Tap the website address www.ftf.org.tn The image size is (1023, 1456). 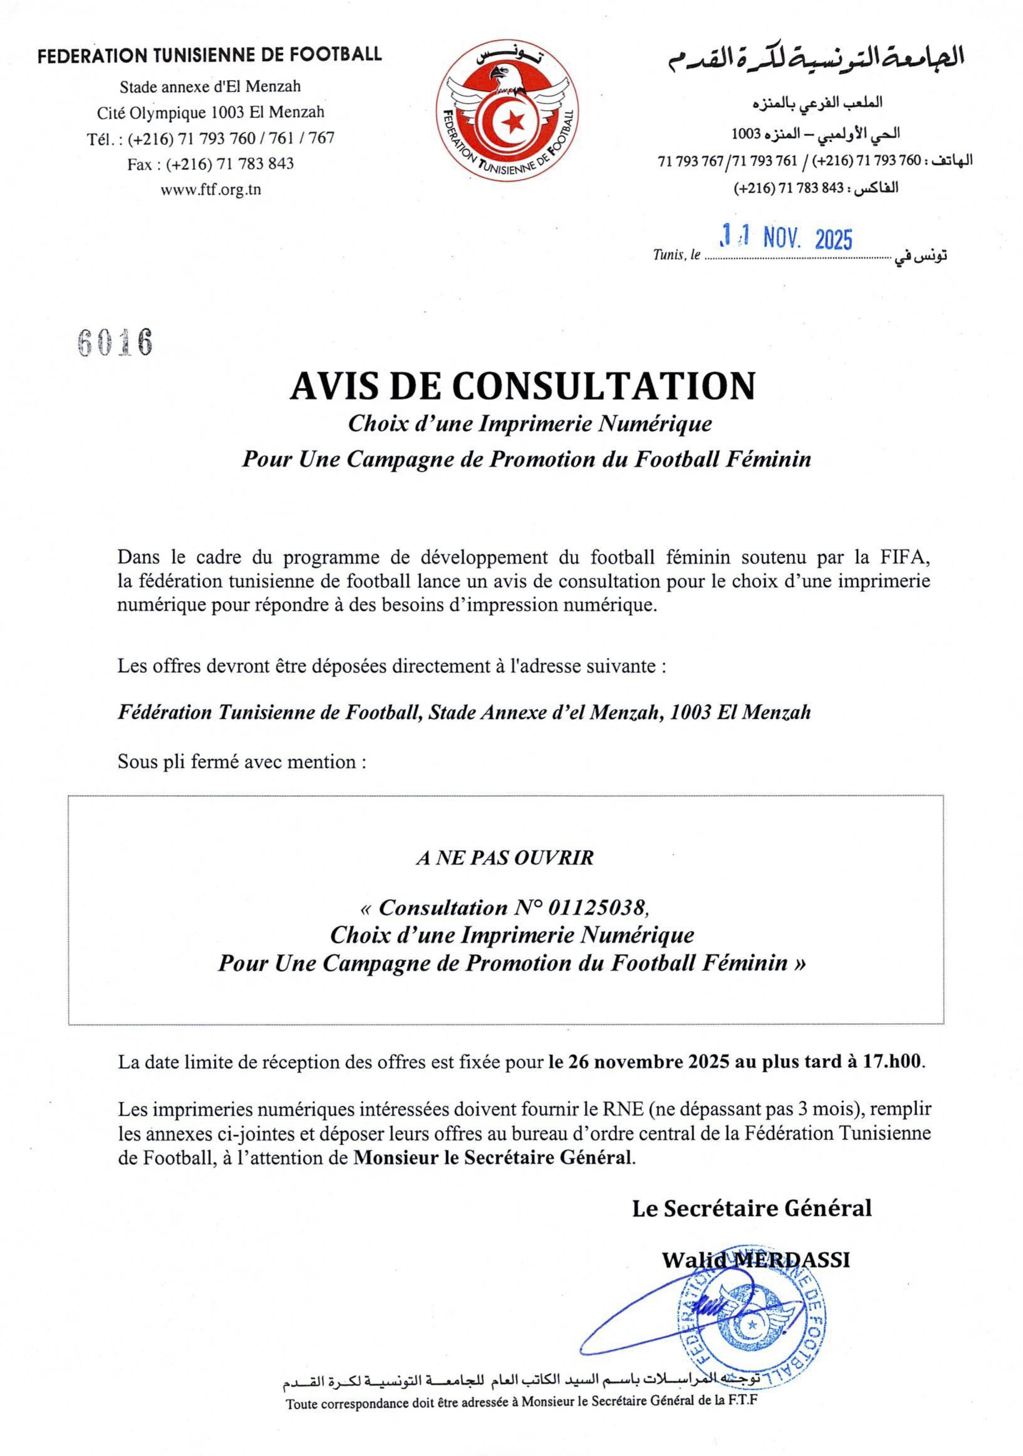pyautogui.click(x=211, y=190)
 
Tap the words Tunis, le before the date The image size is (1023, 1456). pyautogui.click(x=677, y=256)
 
